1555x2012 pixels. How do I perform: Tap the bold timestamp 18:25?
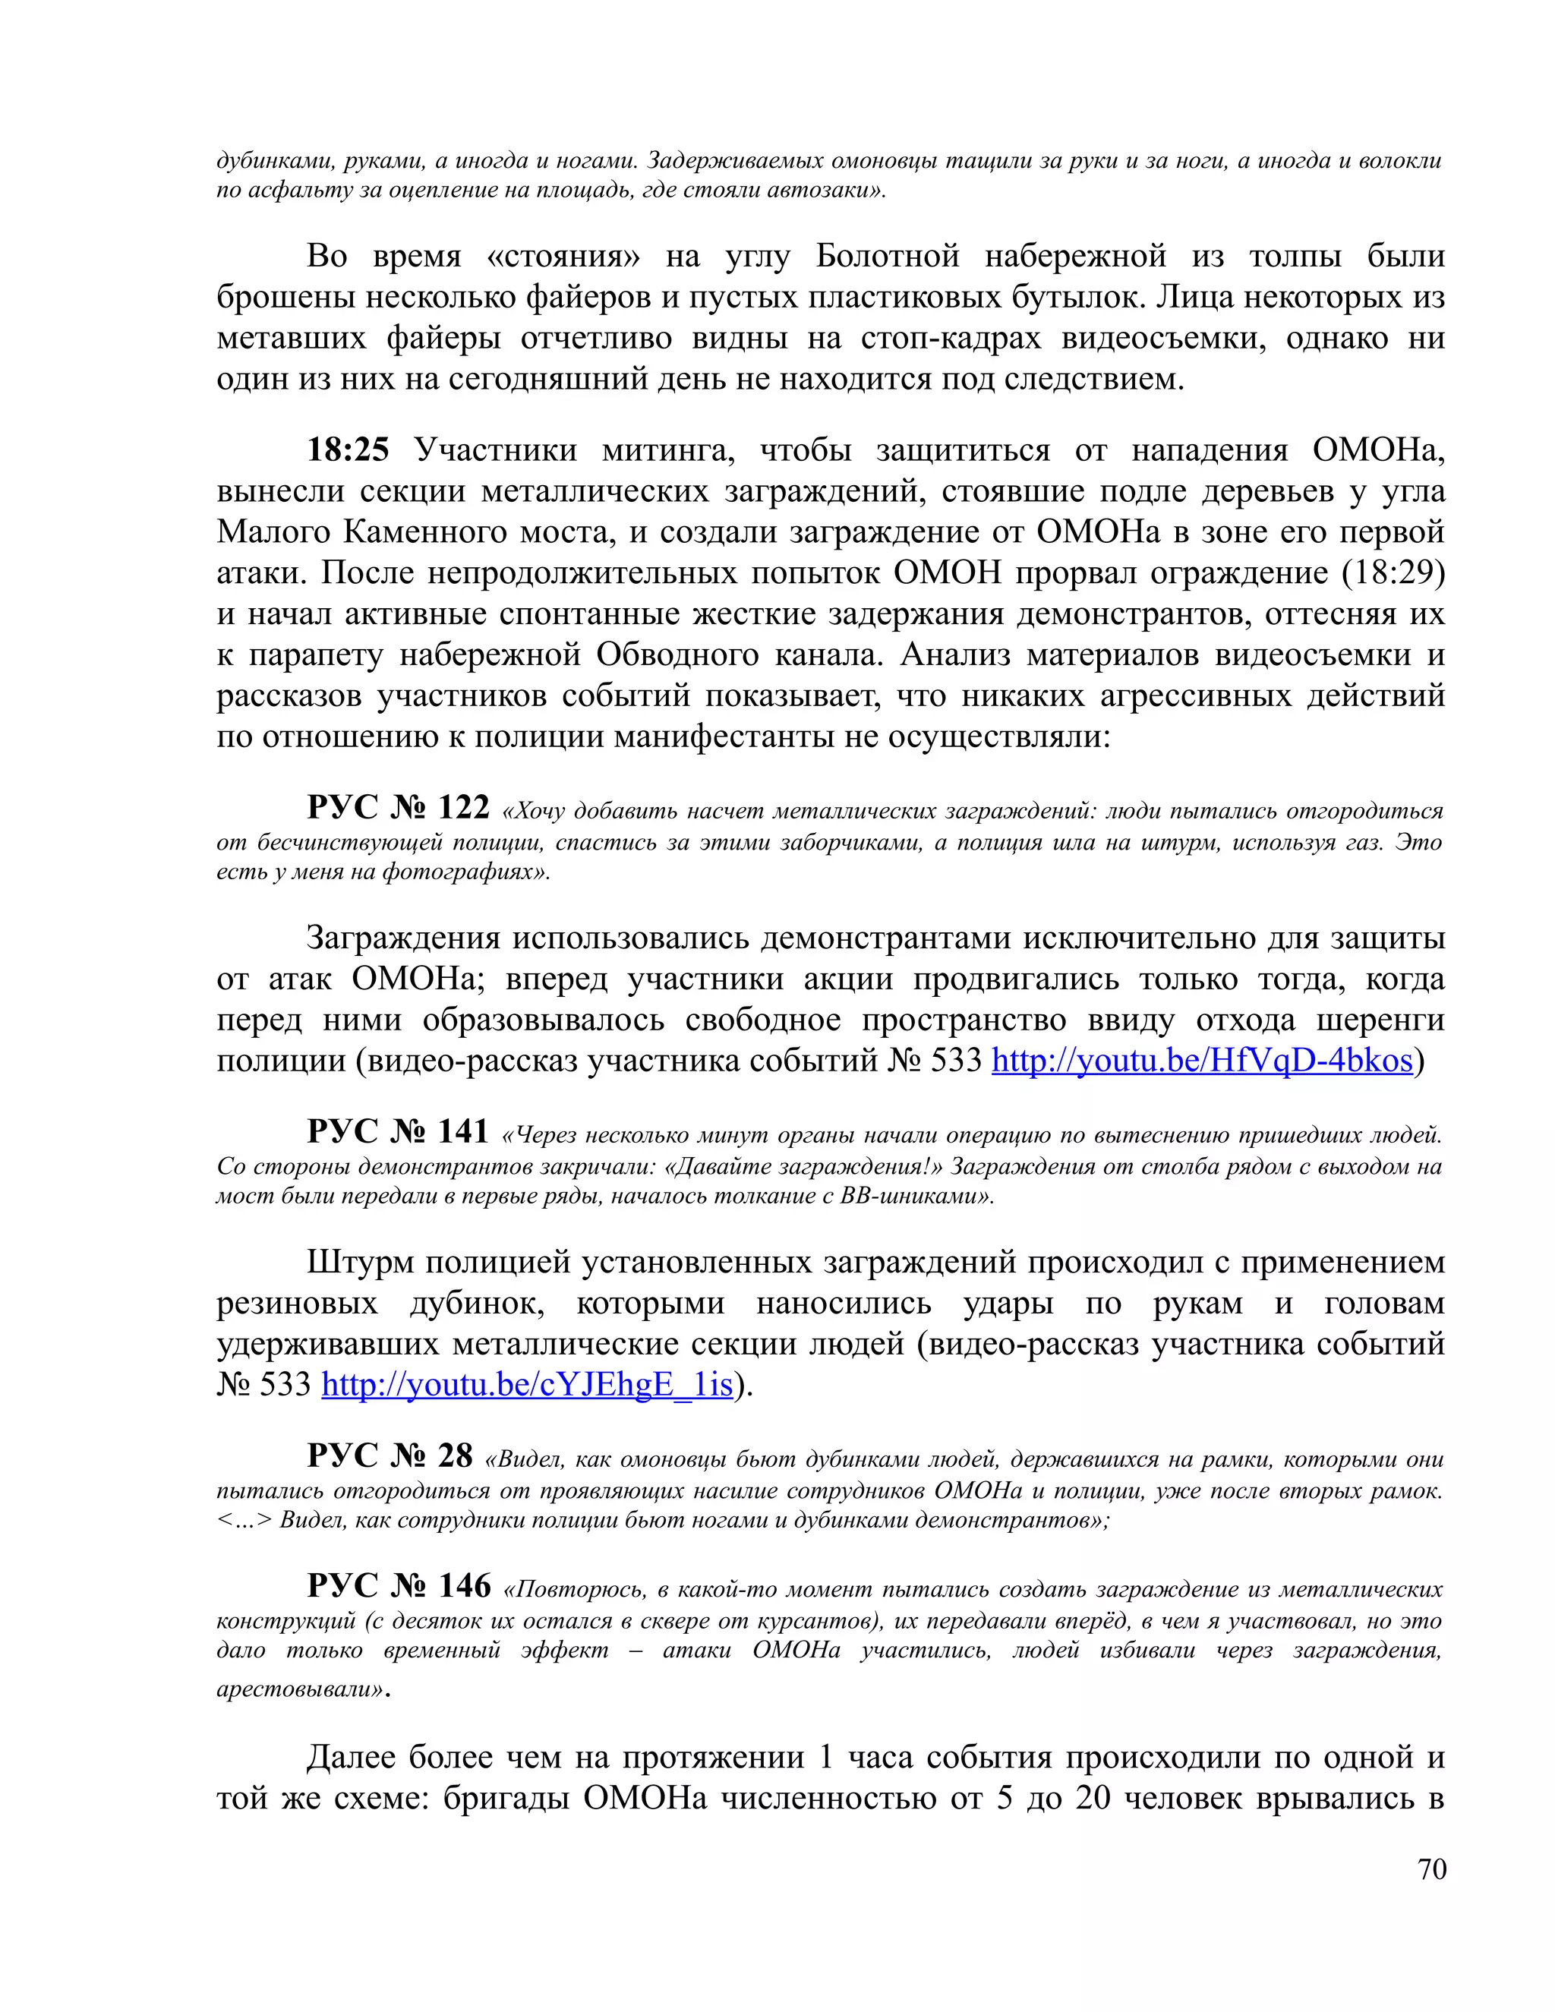349,449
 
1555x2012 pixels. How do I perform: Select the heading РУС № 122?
398,807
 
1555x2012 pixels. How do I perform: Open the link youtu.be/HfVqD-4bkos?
1201,1061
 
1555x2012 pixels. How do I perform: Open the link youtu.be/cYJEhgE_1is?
527,1385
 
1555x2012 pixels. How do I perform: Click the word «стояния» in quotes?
563,255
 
